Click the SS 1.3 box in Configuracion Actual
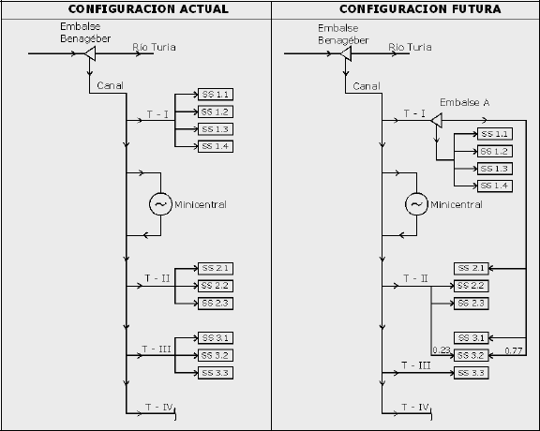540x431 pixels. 216,129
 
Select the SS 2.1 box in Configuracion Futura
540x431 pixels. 472,269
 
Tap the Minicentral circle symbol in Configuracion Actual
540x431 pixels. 160,204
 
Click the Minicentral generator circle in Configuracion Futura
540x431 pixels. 416,204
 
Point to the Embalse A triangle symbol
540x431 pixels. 437,121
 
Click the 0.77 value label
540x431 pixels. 514,350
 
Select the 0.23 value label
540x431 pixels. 442,350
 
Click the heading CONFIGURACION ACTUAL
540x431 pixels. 148,9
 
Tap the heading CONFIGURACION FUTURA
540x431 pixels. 420,9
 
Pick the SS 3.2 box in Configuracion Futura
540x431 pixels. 472,356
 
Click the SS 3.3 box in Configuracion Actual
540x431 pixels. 216,373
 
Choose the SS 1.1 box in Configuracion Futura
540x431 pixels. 495,134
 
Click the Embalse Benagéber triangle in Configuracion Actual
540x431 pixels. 91,53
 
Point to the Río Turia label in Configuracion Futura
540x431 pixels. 410,47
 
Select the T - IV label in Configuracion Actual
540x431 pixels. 158,408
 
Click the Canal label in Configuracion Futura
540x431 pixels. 367,86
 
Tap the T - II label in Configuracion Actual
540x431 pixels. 157,278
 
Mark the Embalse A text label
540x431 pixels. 465,102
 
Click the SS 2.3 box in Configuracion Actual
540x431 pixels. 216,304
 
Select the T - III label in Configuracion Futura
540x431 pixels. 416,365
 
